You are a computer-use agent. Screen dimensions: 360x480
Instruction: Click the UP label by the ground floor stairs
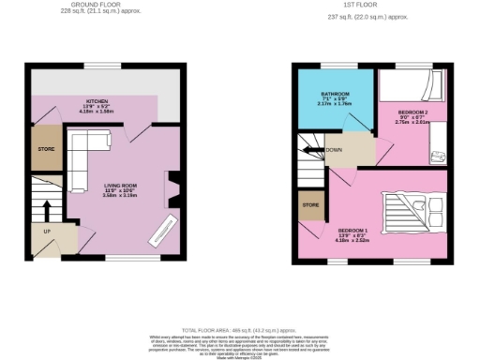point(45,230)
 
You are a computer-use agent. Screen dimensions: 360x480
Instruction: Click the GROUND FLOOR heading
point(97,6)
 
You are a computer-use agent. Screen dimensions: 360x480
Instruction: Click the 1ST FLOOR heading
point(348,6)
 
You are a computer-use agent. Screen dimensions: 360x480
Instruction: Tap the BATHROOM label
point(336,95)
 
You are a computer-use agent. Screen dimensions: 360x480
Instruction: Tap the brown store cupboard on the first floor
point(309,205)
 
